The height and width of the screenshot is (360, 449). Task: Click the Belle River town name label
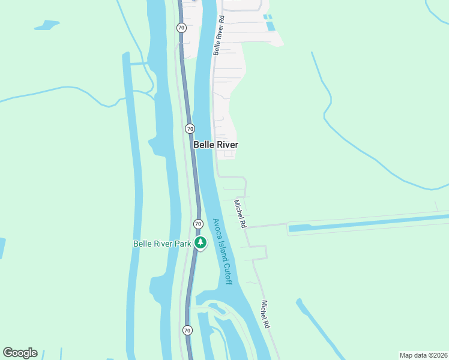(215, 145)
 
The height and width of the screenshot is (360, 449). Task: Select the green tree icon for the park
(200, 243)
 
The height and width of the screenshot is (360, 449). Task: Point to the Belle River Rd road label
(218, 35)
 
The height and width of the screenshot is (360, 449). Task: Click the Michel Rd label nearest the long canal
(240, 214)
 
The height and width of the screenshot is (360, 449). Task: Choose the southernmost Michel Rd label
(265, 314)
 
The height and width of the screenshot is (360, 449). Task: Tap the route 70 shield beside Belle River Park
(198, 224)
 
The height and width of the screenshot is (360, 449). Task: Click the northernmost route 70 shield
(181, 28)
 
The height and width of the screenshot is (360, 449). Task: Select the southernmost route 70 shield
(187, 330)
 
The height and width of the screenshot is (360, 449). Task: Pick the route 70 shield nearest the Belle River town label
(190, 128)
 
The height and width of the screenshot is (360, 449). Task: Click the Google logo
(20, 353)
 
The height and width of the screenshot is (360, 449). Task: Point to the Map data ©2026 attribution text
(423, 355)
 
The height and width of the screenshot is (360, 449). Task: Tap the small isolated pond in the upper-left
(47, 25)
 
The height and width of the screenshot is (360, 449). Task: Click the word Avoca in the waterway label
(216, 228)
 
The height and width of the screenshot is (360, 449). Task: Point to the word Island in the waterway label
(221, 250)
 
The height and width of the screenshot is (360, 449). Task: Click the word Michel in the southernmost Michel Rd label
(264, 310)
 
